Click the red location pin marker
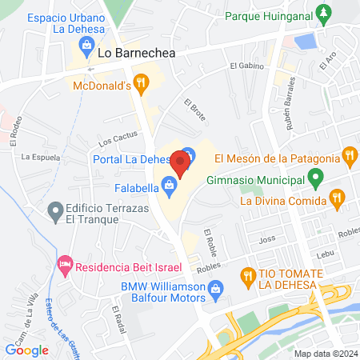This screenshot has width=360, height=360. (x=180, y=166)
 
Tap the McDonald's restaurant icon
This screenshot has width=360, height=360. (x=141, y=81)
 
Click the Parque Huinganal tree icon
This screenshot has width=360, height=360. (x=322, y=14)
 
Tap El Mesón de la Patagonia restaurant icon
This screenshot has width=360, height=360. (x=349, y=156)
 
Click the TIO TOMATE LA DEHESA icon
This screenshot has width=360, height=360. (x=249, y=277)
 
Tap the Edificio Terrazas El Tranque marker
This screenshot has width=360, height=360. (x=55, y=212)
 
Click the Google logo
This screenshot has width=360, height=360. (x=26, y=349)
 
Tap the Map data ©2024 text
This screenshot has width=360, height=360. (x=324, y=353)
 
